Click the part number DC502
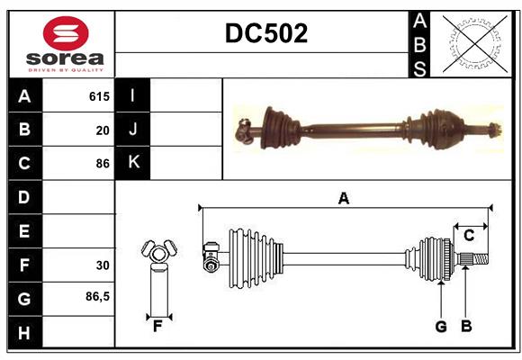point(265,33)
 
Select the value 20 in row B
point(103,130)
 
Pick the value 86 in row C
point(103,164)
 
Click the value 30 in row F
point(103,265)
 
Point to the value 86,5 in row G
point(98,296)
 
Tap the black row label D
point(24,197)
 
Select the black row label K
point(133,163)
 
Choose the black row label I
point(133,96)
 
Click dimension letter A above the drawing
point(344,199)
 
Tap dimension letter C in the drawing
point(469,236)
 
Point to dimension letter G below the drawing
point(441,327)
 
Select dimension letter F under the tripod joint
point(157,326)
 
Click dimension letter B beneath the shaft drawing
point(466,327)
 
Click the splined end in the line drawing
point(477,261)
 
